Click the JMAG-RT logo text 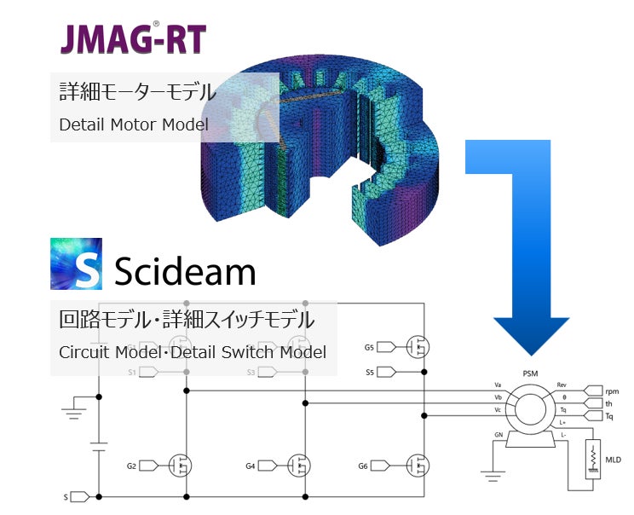131,39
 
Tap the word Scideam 185,271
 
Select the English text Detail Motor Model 134,124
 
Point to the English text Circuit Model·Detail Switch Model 193,351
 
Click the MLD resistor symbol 591,461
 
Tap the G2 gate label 131,466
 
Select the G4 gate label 251,466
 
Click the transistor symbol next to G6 418,466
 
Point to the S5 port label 369,372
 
